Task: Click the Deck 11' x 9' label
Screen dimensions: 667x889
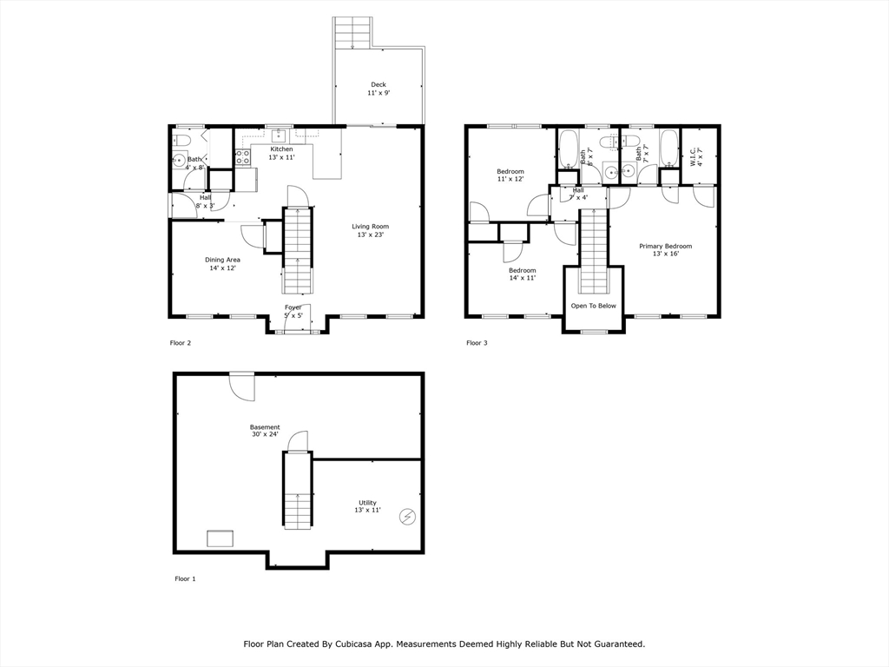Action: (x=378, y=89)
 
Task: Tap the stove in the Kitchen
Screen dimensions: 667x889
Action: (x=243, y=158)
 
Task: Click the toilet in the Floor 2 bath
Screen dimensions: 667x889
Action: (x=182, y=141)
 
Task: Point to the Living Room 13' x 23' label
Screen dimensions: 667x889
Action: (x=368, y=230)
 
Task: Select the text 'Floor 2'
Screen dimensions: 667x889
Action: (x=180, y=343)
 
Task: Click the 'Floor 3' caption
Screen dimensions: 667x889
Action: (x=477, y=343)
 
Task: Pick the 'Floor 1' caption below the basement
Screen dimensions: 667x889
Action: (x=185, y=578)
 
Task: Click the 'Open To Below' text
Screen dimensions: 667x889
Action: (x=593, y=306)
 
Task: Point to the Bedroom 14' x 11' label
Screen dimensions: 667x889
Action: (x=522, y=274)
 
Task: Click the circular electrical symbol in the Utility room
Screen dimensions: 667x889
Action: (x=406, y=517)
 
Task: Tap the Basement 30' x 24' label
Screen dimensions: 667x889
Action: (x=265, y=431)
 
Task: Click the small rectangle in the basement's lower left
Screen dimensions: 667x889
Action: (x=220, y=538)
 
